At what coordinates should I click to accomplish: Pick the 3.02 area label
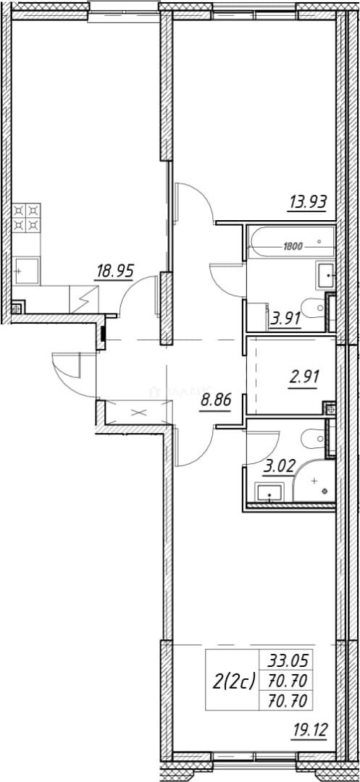pos(279,468)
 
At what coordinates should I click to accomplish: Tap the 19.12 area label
pos(308,731)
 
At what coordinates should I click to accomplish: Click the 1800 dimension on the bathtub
pos(293,245)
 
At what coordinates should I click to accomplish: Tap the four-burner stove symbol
pos(26,218)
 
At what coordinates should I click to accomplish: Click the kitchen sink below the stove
pos(26,271)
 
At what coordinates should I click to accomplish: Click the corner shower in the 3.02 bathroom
pos(314,482)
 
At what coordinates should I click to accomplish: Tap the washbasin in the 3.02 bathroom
pos(269,493)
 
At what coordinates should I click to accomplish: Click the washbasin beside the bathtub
pos(325,274)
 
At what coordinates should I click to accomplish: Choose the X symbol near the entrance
pos(138,413)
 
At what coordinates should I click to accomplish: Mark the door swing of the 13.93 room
pos(196,202)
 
